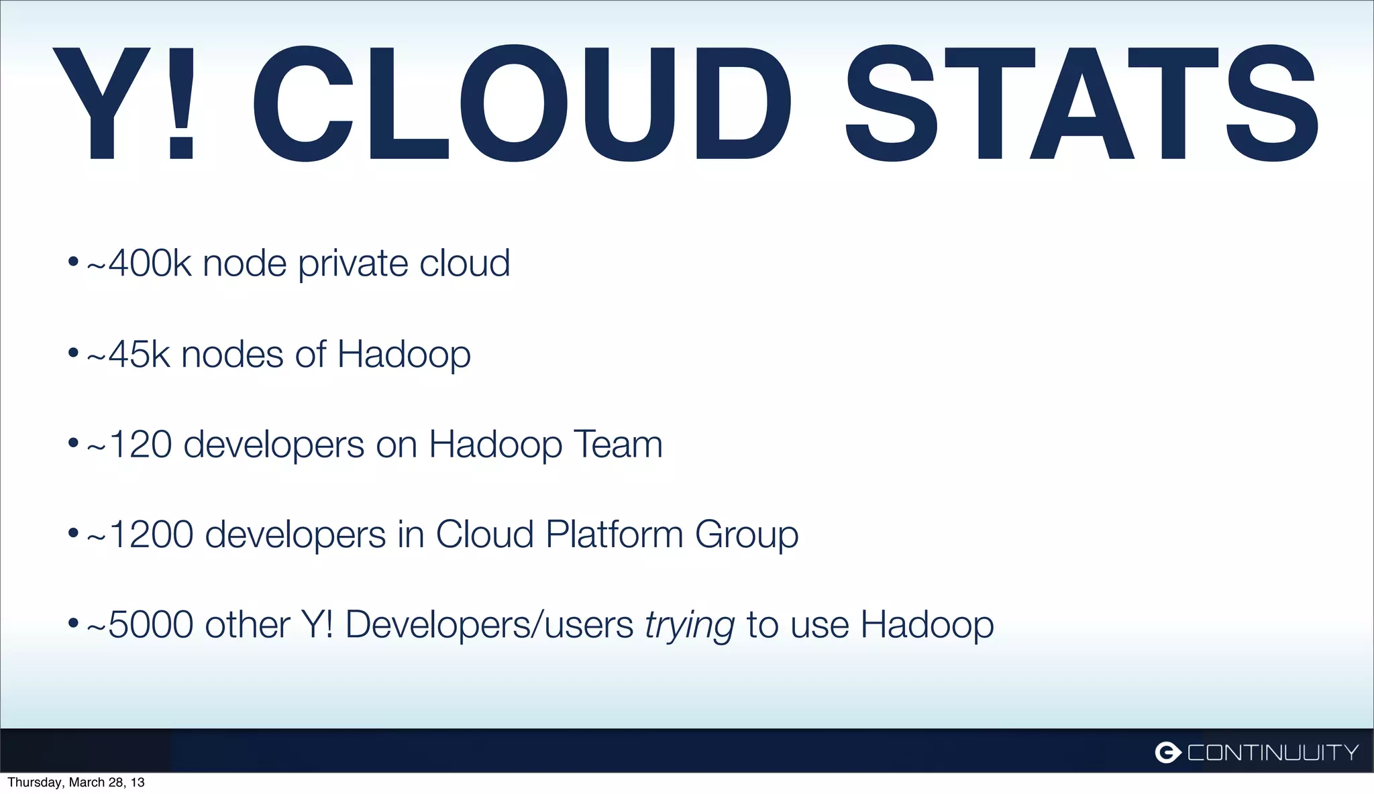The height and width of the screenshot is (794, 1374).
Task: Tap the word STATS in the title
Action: tap(1081, 104)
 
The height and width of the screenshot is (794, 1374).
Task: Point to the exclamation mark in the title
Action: tap(181, 104)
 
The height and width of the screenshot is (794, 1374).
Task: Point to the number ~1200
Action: tap(140, 534)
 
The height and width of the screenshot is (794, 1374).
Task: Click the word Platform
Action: tap(615, 534)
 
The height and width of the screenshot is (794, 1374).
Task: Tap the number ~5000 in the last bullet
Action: tap(140, 625)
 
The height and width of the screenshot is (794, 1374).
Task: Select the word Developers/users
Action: tap(489, 625)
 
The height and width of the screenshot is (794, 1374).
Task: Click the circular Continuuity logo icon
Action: tap(1167, 752)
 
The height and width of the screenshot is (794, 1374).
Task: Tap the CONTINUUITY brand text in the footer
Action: tap(1273, 752)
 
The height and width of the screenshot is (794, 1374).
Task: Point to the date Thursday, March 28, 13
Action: tap(76, 783)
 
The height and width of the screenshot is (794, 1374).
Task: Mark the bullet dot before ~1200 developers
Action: tap(73, 534)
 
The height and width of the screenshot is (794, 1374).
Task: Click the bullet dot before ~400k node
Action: tap(73, 262)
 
